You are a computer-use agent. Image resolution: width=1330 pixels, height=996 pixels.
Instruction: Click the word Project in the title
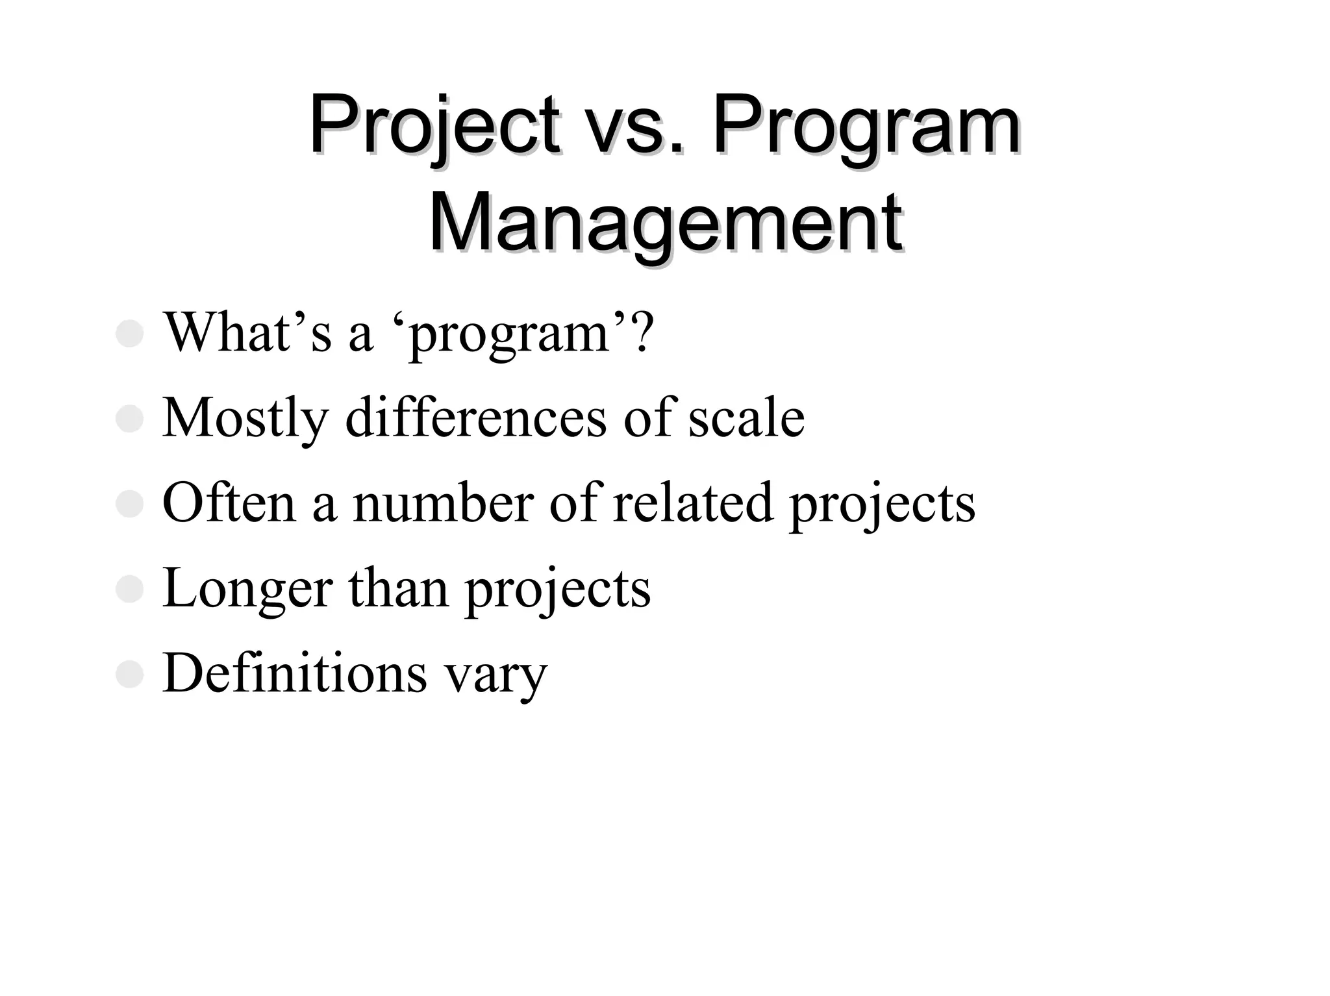click(x=434, y=125)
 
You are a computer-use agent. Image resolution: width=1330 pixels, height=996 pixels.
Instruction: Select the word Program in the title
click(x=866, y=125)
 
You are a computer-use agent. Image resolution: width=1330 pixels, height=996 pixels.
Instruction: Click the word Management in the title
click(x=665, y=222)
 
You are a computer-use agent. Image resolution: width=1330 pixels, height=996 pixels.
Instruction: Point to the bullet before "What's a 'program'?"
click(x=129, y=334)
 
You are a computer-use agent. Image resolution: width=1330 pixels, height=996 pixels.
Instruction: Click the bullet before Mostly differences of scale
click(x=129, y=419)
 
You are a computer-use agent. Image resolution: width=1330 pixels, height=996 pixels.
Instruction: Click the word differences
click(x=476, y=417)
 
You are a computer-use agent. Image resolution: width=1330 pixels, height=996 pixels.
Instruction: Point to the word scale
click(x=746, y=417)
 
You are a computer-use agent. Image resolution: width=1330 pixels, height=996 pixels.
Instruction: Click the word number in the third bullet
click(x=442, y=503)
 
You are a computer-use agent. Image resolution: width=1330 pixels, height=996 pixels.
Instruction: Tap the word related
click(x=693, y=503)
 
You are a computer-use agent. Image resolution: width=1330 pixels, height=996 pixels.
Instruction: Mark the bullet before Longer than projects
click(x=129, y=590)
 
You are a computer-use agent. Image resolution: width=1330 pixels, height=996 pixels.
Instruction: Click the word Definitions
click(x=295, y=673)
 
